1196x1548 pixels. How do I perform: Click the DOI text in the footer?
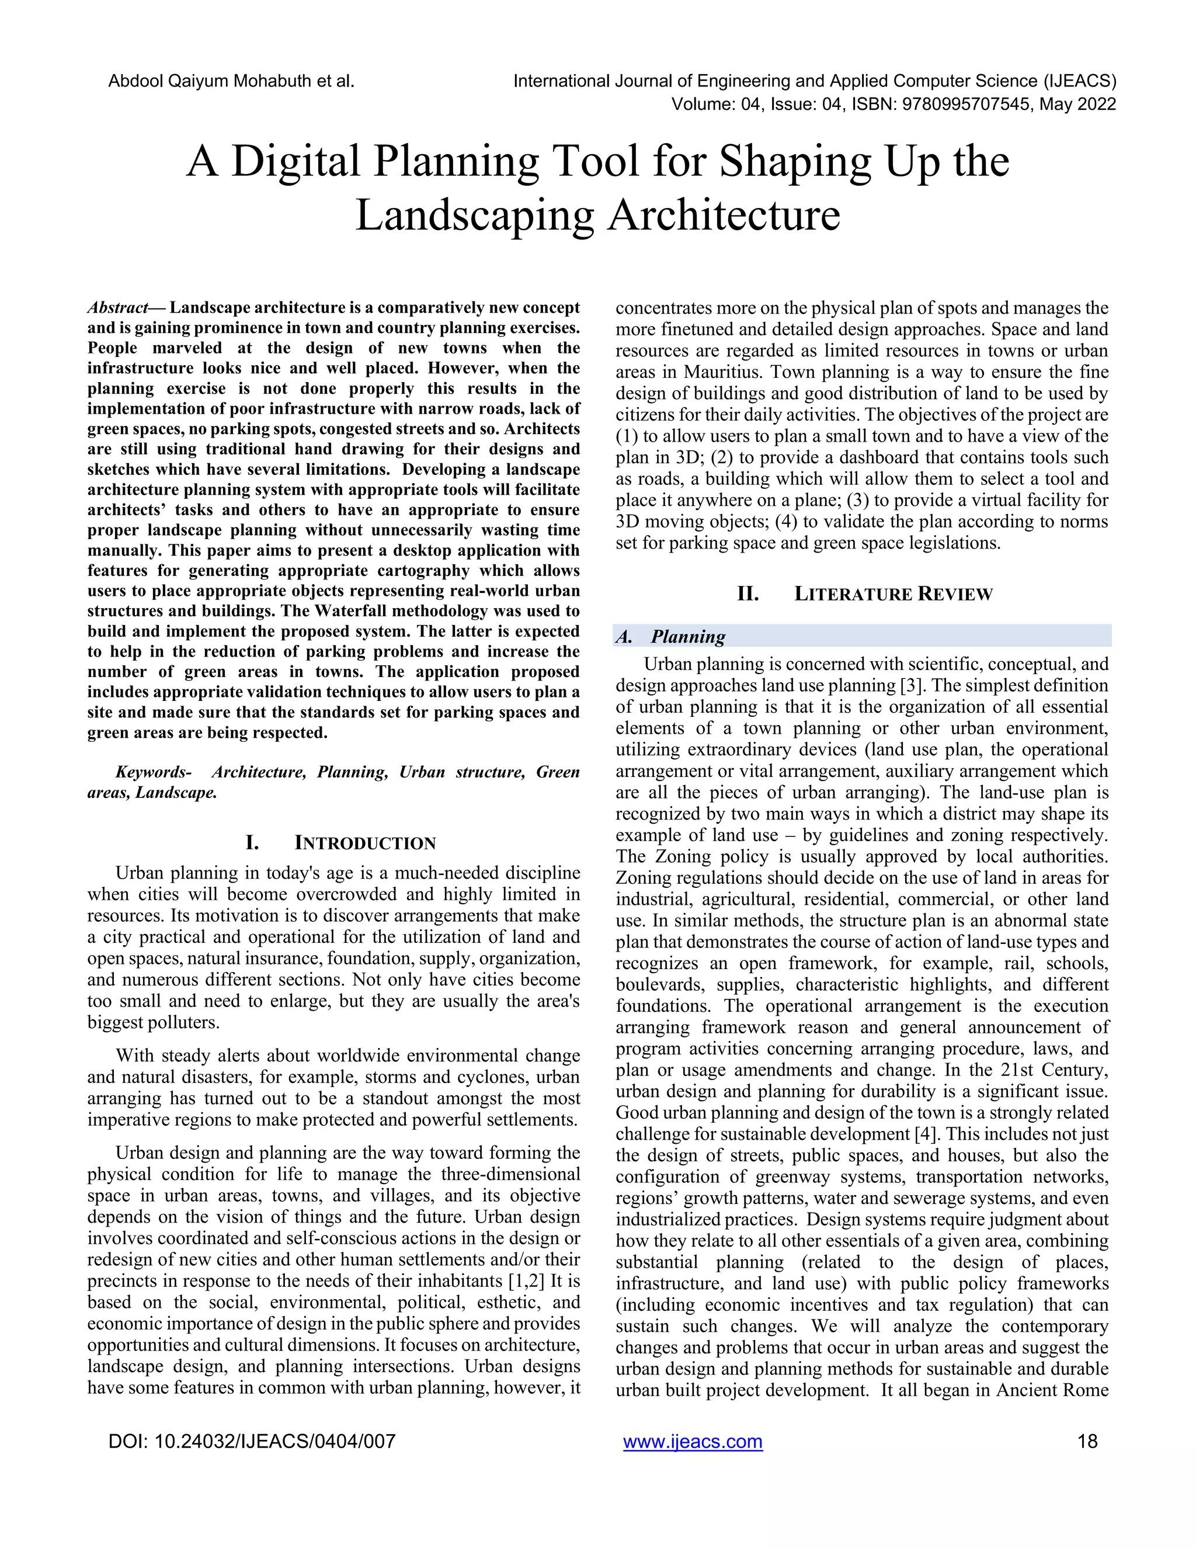click(252, 1442)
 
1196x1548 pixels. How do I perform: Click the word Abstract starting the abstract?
click(117, 308)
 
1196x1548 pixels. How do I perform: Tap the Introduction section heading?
click(364, 844)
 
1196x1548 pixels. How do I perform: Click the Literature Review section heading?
click(893, 594)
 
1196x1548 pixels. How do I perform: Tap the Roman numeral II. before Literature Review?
click(748, 594)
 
